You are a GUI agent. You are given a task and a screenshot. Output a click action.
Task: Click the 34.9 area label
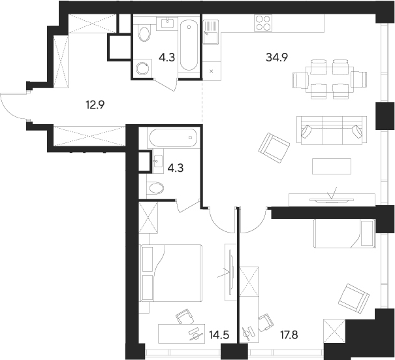(x=277, y=57)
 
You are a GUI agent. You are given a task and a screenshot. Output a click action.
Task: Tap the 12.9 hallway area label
(x=95, y=105)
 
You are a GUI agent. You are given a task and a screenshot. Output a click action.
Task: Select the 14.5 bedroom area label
(x=219, y=335)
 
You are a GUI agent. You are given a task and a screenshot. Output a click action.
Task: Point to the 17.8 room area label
(x=289, y=335)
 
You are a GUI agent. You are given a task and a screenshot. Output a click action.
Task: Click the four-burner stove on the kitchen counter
(x=263, y=23)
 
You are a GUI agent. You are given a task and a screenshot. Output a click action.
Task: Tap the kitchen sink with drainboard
(x=211, y=32)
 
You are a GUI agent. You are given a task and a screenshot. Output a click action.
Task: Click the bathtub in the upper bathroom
(x=189, y=45)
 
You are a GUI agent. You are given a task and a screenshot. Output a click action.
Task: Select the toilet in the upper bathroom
(x=144, y=33)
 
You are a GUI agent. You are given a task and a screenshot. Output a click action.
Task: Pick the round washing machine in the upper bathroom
(x=142, y=68)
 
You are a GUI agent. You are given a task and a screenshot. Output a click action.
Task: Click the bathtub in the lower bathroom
(x=173, y=138)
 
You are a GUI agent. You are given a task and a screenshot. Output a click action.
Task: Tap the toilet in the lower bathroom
(x=155, y=188)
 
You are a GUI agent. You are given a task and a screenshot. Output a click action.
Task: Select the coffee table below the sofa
(x=332, y=166)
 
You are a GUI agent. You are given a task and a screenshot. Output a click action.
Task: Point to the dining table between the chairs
(x=330, y=80)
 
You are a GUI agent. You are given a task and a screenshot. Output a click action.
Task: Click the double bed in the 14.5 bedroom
(x=172, y=273)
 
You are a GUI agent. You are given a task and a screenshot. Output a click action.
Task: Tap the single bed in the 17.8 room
(x=344, y=233)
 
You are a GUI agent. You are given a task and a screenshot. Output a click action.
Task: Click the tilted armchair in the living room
(x=274, y=148)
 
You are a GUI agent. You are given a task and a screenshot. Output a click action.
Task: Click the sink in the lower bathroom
(x=158, y=161)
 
